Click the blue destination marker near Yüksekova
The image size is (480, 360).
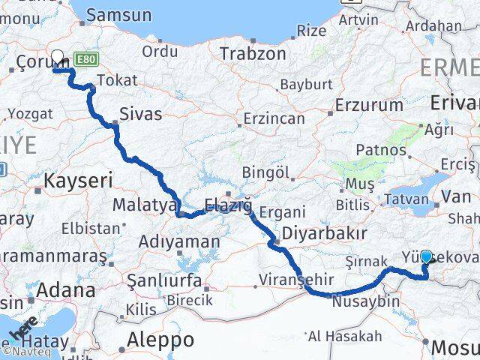426,256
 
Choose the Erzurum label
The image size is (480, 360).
370,105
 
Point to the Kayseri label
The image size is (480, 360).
78,180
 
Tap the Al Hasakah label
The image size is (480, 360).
345,337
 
